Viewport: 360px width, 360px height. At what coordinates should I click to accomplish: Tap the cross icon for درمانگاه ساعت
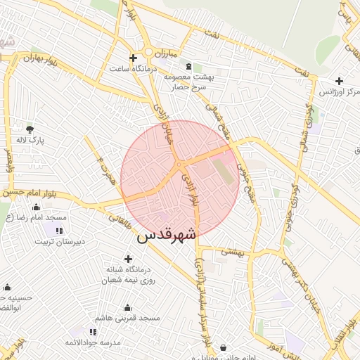(133, 58)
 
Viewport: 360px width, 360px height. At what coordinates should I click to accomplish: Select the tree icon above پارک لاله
(30, 129)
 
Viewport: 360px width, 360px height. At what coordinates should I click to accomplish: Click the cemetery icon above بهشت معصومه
(188, 66)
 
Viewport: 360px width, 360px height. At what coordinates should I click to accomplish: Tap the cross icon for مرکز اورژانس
(340, 81)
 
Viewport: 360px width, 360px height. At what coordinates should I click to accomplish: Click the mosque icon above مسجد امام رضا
(37, 207)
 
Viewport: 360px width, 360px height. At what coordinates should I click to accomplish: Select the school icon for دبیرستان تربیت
(59, 230)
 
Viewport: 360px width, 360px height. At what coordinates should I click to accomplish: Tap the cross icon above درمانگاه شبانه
(128, 259)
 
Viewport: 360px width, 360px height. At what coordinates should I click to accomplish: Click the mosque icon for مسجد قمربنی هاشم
(127, 307)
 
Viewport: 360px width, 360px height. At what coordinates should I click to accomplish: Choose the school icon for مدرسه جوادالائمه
(93, 331)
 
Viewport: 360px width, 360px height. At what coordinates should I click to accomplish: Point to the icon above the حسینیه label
(7, 287)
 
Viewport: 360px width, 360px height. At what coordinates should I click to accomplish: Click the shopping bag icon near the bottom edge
(224, 348)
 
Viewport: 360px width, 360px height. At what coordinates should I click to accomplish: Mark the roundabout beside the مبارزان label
(148, 53)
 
